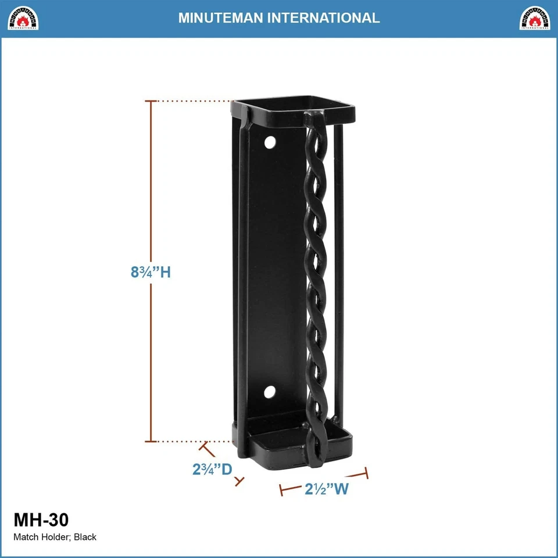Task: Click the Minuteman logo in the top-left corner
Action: tap(23, 18)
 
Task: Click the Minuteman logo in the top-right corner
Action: tap(535, 18)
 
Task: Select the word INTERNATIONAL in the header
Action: tap(324, 17)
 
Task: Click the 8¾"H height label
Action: tap(151, 271)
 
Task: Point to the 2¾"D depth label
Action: tap(212, 468)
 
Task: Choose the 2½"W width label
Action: tap(326, 489)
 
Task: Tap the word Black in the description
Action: tap(85, 537)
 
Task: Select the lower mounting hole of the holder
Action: tap(270, 392)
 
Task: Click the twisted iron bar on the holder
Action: tap(317, 279)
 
